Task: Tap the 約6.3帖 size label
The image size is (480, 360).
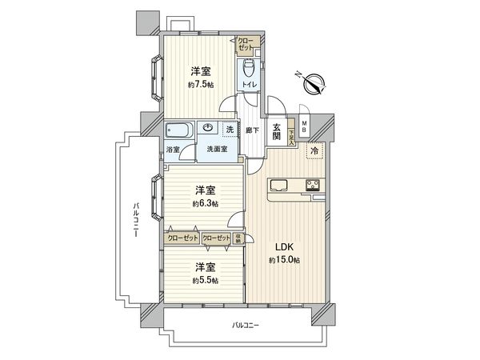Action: (x=206, y=204)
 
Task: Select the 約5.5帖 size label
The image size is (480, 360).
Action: (x=206, y=281)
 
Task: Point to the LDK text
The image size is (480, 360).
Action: (x=283, y=248)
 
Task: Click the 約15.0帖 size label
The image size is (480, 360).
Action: (x=284, y=261)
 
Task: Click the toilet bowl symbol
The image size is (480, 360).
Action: (x=248, y=65)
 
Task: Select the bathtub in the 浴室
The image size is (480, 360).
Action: (x=177, y=131)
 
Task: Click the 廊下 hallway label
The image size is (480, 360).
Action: (x=252, y=130)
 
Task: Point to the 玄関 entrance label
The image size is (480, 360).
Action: (x=275, y=132)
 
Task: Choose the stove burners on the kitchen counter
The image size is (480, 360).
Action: (x=311, y=187)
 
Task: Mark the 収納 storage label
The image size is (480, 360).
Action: (x=238, y=238)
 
